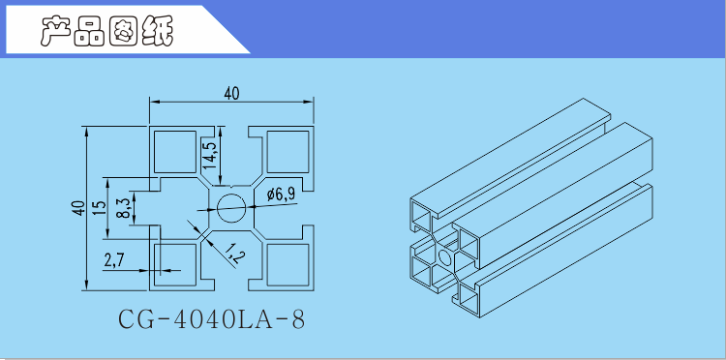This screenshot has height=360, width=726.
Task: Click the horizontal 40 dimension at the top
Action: tap(231, 94)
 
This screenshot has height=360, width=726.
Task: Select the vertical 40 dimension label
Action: tap(79, 208)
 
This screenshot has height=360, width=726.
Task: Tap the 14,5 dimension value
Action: tap(209, 155)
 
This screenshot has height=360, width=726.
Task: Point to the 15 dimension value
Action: tap(100, 208)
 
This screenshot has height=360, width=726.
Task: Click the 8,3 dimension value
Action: tap(123, 208)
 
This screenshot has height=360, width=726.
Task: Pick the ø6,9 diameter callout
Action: tap(281, 195)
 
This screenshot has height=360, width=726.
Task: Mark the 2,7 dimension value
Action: tap(114, 261)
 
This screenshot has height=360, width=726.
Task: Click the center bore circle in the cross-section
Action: tap(231, 208)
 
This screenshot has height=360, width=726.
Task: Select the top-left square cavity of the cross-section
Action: tap(175, 152)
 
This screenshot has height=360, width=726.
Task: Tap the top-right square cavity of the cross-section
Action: tap(287, 152)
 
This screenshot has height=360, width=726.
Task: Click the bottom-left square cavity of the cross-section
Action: tap(175, 265)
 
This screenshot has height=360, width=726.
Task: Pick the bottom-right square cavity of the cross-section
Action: tap(287, 265)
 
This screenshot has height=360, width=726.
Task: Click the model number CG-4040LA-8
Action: tap(212, 319)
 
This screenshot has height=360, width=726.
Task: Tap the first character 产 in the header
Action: tap(55, 32)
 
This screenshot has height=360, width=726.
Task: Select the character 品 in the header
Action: tap(89, 32)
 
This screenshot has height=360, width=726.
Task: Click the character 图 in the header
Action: tap(124, 32)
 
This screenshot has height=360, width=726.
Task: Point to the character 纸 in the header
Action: tap(158, 32)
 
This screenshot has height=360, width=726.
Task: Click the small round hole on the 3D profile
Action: tap(445, 256)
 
